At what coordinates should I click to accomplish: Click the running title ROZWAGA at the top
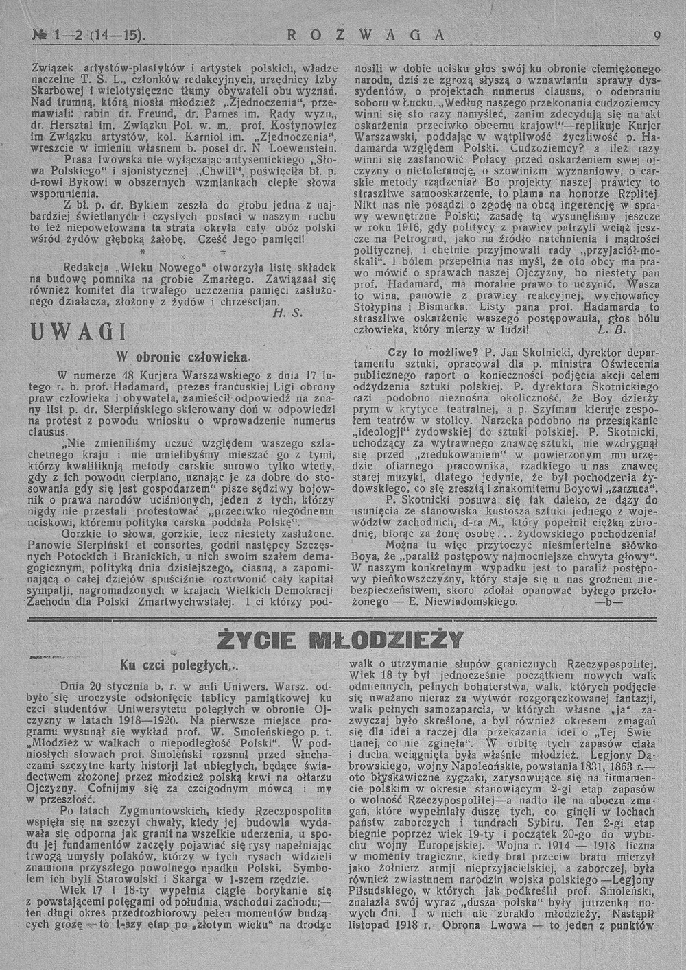tap(364, 34)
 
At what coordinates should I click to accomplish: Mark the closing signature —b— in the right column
tap(610, 602)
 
